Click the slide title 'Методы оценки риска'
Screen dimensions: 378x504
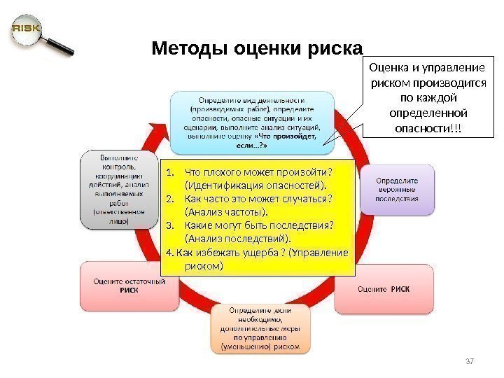click(x=258, y=50)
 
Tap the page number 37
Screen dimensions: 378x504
click(x=470, y=360)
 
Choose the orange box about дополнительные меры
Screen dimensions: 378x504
click(x=260, y=327)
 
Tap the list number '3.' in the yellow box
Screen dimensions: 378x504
click(x=171, y=225)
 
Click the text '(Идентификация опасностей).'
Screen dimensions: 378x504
click(x=255, y=185)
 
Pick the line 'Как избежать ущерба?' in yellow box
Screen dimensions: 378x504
click(x=234, y=252)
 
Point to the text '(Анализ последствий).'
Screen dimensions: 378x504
click(x=238, y=239)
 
